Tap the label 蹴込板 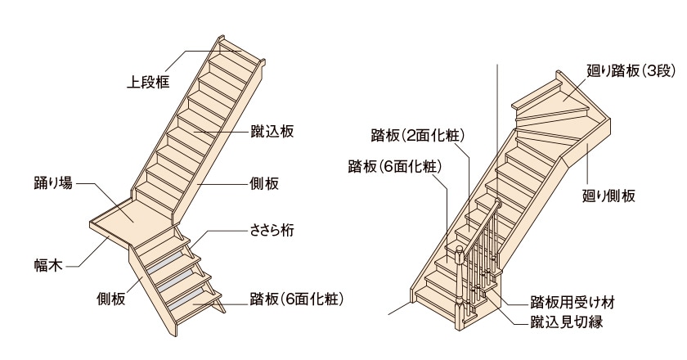click(272, 132)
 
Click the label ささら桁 click(272, 232)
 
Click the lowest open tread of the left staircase click(196, 301)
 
